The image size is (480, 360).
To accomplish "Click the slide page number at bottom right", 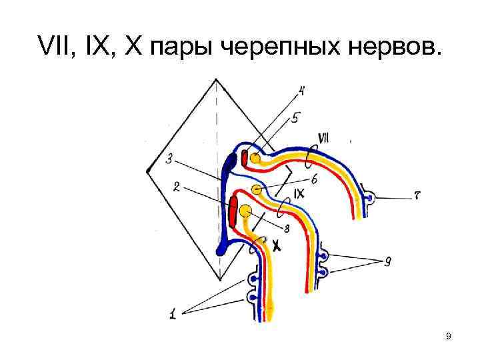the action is [449, 337].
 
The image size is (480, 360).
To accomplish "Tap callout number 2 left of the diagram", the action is [176, 188].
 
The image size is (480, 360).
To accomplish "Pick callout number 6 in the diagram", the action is [313, 179].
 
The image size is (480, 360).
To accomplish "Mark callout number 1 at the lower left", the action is [172, 313].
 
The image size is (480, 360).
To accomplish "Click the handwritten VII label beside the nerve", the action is [325, 139].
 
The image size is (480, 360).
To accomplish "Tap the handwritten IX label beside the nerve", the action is [299, 194].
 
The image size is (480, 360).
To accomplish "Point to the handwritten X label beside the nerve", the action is [275, 245].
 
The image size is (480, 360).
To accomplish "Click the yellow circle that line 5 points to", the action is [255, 159].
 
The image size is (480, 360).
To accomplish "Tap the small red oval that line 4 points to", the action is [245, 157].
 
